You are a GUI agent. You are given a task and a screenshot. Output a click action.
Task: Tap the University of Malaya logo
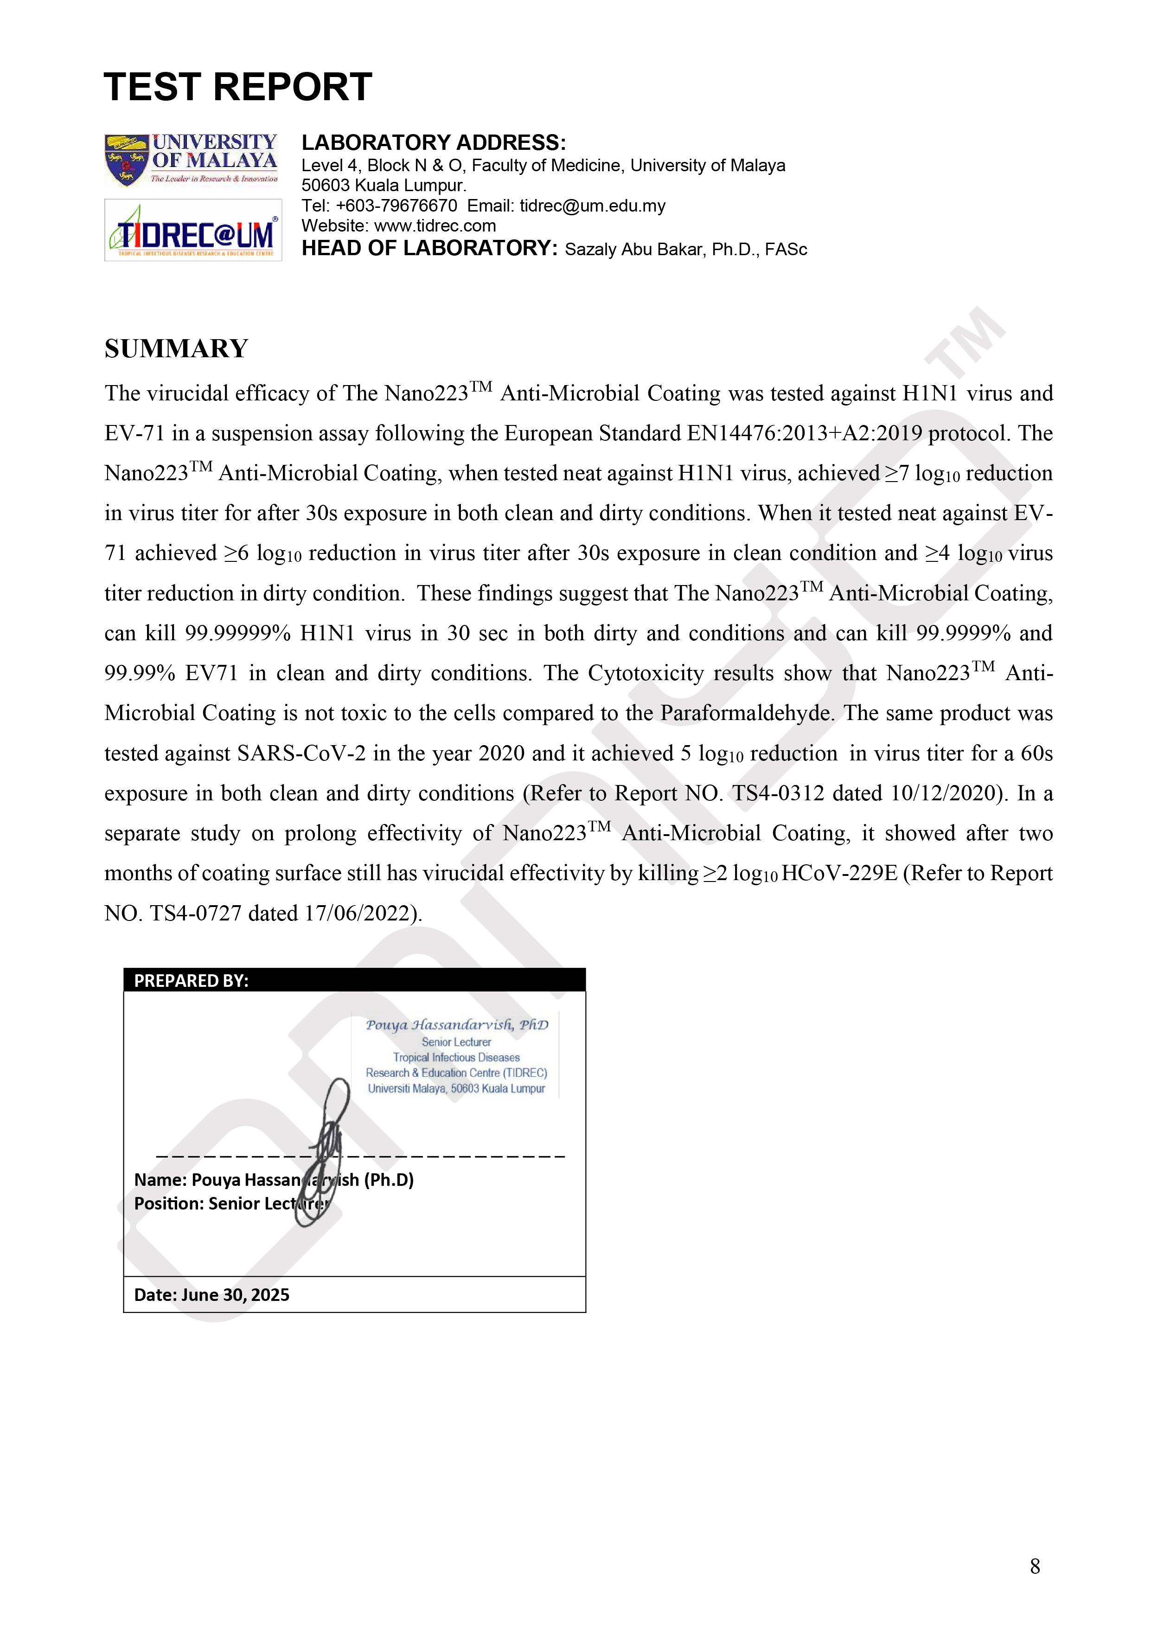click(192, 160)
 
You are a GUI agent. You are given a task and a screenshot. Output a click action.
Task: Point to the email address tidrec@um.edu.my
click(593, 206)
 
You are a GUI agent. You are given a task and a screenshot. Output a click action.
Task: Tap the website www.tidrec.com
click(435, 226)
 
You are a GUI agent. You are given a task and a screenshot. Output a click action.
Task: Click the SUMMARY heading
click(177, 349)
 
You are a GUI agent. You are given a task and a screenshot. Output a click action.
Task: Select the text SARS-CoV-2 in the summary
click(301, 753)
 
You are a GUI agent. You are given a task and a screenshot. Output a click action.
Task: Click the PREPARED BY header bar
click(354, 980)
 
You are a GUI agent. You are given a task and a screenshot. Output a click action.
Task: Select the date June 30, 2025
click(235, 1295)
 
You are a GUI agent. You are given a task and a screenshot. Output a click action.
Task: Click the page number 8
click(1035, 1566)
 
